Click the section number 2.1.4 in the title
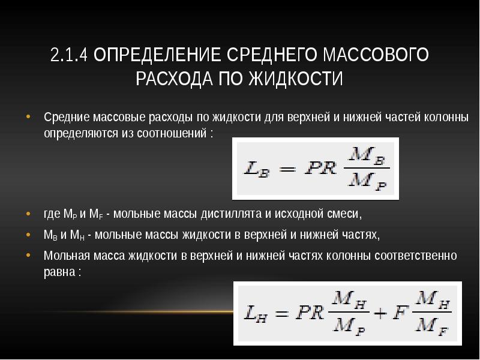69,56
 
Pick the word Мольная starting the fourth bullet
65,256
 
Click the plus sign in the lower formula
380,313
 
